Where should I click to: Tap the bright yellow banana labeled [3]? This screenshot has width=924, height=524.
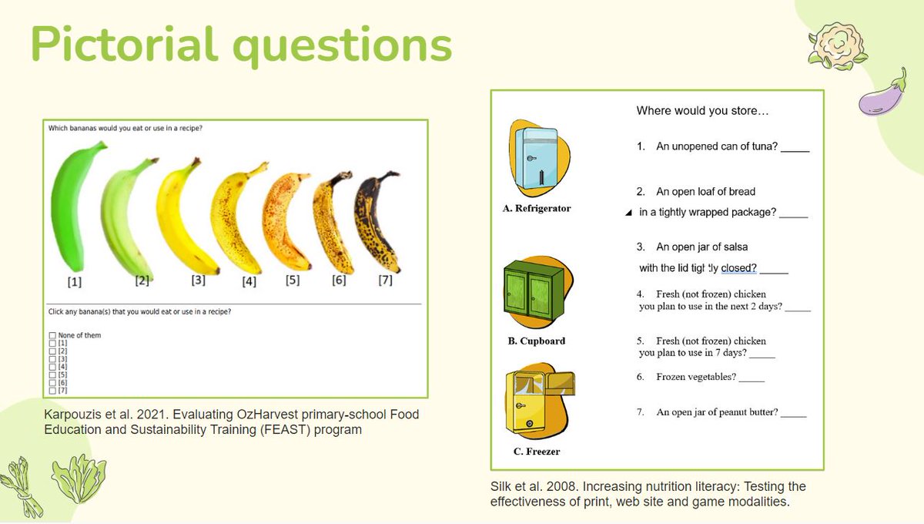180,216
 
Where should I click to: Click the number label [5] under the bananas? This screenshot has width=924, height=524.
292,280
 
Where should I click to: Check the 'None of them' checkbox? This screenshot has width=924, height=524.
52,336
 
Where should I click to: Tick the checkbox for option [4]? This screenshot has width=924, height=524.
52,367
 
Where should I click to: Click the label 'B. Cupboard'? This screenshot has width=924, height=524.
537,341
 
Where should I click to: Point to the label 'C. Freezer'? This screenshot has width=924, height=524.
537,452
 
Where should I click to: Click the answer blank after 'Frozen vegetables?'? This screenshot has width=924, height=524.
752,378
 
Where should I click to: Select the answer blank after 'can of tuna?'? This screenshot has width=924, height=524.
795,147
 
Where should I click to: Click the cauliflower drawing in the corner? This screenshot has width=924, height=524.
827,44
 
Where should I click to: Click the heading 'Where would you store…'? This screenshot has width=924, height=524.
701,111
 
